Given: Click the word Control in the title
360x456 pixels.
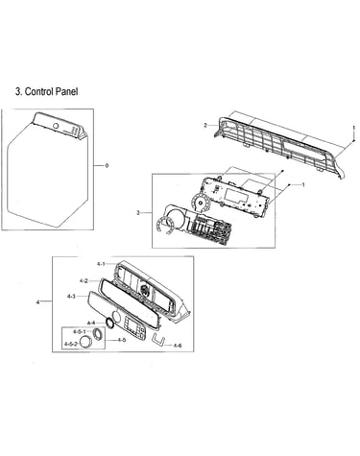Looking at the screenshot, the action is coord(39,91).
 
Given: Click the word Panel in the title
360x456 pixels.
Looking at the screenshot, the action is coord(66,91).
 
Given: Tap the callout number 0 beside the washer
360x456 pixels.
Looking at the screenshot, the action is coord(107,165).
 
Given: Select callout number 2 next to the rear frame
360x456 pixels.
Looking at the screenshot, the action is coord(205,125).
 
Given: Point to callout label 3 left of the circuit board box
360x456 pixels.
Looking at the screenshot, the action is coord(138,213).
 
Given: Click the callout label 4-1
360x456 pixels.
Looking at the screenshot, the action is coord(101,264).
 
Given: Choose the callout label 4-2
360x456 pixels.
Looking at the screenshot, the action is coord(84,281).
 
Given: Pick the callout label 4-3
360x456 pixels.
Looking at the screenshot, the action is coord(71,297).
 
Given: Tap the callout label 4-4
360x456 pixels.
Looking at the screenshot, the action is coord(91,323).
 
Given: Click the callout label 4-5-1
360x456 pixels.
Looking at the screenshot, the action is coord(80,331).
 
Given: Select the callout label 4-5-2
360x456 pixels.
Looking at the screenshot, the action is coord(71,344).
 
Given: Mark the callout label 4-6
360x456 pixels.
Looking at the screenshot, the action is coord(178,346).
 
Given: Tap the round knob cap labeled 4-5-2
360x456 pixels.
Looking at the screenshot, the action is coord(85,342).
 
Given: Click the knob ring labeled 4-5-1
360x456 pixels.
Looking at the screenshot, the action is coord(97,334).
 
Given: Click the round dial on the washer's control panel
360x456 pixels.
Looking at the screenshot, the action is coord(56,126).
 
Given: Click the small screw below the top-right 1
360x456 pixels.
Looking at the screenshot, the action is coord(354,140).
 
